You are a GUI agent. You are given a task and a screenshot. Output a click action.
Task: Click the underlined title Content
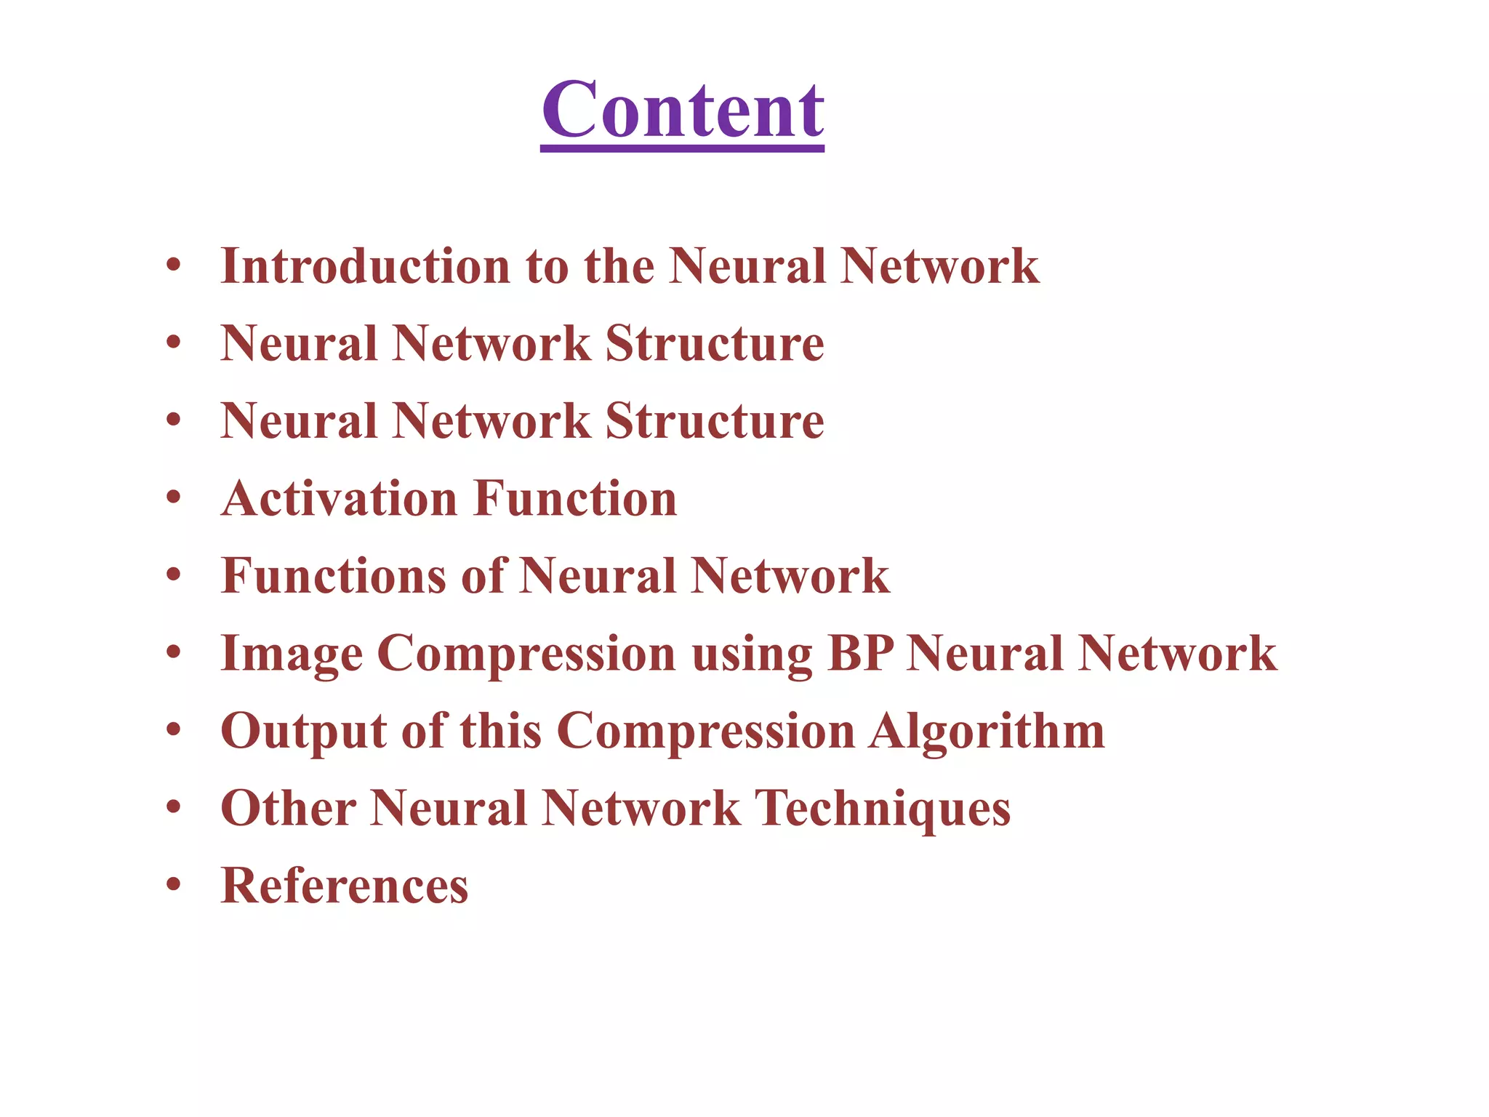[x=683, y=111]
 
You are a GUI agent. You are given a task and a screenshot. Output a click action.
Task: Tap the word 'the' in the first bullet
[x=619, y=266]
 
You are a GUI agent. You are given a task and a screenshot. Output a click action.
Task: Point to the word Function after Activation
[x=575, y=499]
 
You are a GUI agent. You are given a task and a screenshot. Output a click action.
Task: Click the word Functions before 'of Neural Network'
[x=332, y=576]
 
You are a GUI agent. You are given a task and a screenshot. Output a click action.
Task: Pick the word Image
[x=291, y=654]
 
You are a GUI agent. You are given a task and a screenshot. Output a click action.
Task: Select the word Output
[x=303, y=732]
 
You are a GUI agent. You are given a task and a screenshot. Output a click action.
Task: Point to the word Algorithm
[x=987, y=732]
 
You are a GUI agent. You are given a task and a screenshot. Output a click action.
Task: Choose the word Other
[x=288, y=809]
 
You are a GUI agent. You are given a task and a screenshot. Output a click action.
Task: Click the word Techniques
[x=883, y=809]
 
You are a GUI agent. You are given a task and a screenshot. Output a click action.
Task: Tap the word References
[x=345, y=886]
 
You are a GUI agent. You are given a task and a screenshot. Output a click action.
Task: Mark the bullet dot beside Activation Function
[x=173, y=497]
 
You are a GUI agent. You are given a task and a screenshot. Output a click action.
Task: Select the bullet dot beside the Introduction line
[x=173, y=265]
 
